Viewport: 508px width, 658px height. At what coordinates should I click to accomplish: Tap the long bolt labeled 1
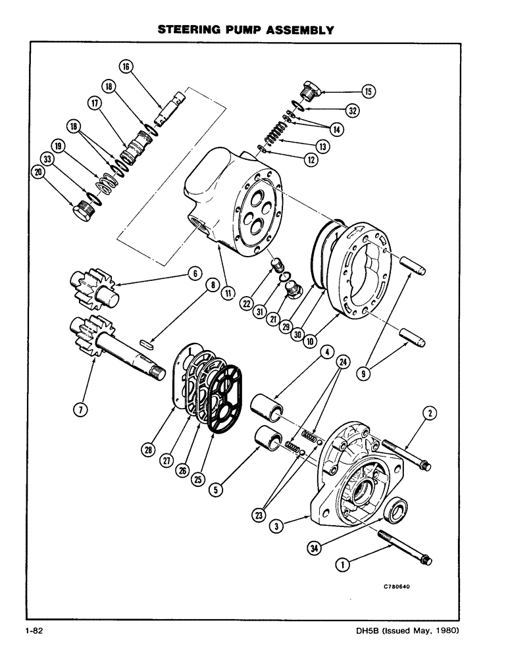pyautogui.click(x=402, y=546)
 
